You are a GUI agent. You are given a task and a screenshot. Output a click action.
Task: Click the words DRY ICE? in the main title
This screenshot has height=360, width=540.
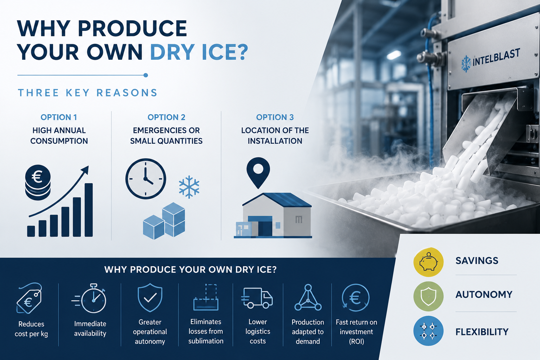(199, 52)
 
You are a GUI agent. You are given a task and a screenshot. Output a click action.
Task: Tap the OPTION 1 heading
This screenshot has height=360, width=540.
(59, 117)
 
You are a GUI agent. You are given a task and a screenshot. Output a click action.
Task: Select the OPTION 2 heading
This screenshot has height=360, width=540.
(166, 117)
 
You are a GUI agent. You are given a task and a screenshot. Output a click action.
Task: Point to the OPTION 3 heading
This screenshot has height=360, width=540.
(275, 117)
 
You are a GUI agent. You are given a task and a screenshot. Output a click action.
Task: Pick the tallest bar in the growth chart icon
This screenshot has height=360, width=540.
(89, 210)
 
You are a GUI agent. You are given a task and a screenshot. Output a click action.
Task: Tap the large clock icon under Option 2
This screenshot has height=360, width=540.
(146, 179)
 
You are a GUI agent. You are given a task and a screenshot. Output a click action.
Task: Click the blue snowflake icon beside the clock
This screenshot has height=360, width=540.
(189, 187)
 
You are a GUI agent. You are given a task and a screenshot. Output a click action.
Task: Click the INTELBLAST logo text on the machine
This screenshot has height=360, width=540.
(496, 58)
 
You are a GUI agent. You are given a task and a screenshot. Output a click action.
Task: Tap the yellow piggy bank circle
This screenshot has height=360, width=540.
(429, 262)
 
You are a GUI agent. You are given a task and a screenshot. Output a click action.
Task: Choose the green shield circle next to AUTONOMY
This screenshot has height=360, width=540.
(429, 296)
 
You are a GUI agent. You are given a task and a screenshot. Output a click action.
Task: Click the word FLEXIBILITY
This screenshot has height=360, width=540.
(482, 332)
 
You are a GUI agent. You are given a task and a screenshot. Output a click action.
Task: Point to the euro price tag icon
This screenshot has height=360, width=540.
(29, 298)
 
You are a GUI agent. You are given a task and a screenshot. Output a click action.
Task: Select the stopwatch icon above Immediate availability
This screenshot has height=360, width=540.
(89, 298)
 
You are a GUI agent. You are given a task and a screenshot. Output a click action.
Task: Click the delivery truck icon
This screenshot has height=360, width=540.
(257, 298)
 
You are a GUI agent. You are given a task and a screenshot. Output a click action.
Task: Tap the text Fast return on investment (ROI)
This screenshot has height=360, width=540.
(356, 332)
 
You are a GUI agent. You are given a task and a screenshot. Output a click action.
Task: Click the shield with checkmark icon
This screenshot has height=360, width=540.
(150, 298)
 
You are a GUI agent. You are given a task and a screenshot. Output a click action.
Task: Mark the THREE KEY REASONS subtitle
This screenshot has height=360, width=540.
(88, 93)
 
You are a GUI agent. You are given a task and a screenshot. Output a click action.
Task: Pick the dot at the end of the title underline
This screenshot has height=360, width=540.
(146, 75)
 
